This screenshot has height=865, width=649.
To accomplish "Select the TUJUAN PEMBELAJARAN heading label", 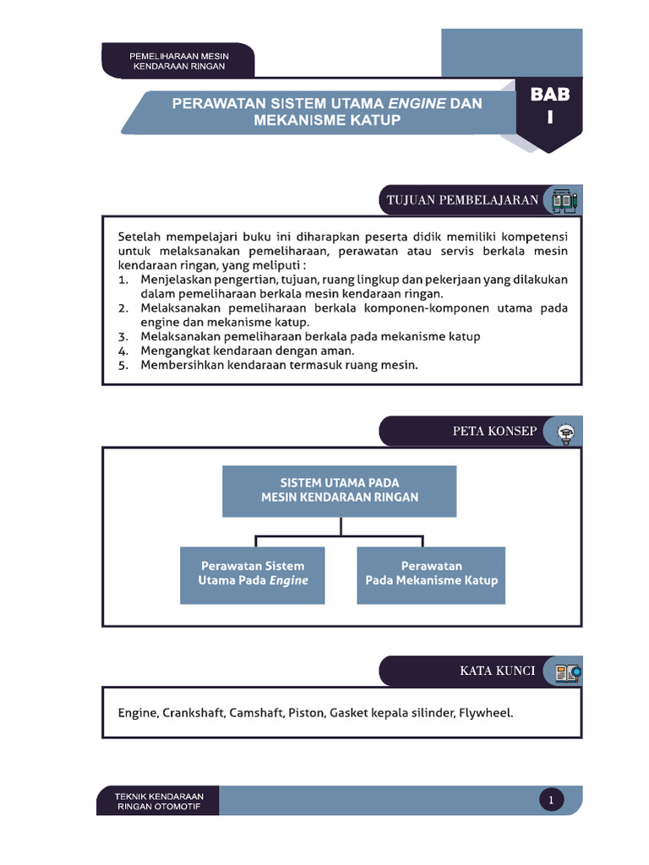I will pyautogui.click(x=462, y=200).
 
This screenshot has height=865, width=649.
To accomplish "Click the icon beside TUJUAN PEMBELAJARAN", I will pyautogui.click(x=564, y=201).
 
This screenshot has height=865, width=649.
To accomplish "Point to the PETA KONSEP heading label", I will pyautogui.click(x=494, y=431).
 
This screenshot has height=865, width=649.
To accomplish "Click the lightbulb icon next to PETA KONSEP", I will pyautogui.click(x=564, y=432).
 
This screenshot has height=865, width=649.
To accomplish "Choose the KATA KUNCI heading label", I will pyautogui.click(x=497, y=671).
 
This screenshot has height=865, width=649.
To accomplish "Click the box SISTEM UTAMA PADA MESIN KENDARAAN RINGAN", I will pyautogui.click(x=339, y=491).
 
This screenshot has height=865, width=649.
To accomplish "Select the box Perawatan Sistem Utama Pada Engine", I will pyautogui.click(x=252, y=574).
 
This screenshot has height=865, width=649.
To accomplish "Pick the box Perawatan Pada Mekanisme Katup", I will pyautogui.click(x=431, y=574).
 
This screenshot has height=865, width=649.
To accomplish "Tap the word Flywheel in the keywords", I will pyautogui.click(x=486, y=713).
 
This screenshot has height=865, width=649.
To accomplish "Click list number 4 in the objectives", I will pyautogui.click(x=123, y=351).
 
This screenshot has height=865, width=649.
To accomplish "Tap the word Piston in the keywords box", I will pyautogui.click(x=305, y=713).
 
